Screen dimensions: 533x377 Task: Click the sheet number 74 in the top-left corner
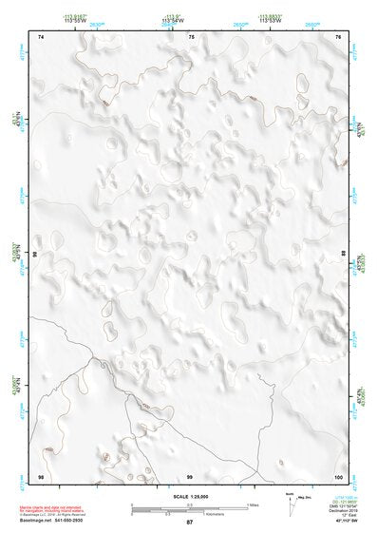click(x=41, y=36)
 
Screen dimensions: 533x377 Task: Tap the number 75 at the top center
click(x=192, y=36)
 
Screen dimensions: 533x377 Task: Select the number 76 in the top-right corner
click(x=339, y=36)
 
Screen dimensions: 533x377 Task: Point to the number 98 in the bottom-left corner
click(x=41, y=475)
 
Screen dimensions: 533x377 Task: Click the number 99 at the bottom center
click(x=190, y=475)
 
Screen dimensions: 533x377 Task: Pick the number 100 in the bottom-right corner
click(x=337, y=475)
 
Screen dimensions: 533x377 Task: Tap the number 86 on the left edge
click(x=35, y=256)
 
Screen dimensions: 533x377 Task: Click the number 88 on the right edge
click(x=344, y=254)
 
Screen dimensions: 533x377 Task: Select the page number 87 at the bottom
click(x=189, y=523)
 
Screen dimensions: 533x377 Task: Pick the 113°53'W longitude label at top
click(x=271, y=19)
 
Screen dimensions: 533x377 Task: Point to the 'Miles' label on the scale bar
click(x=254, y=504)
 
